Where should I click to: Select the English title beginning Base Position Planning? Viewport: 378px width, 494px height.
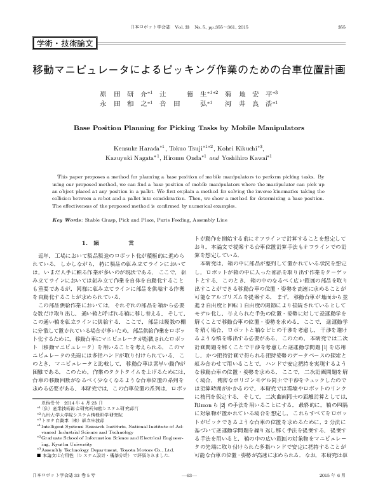[x=189, y=127]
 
